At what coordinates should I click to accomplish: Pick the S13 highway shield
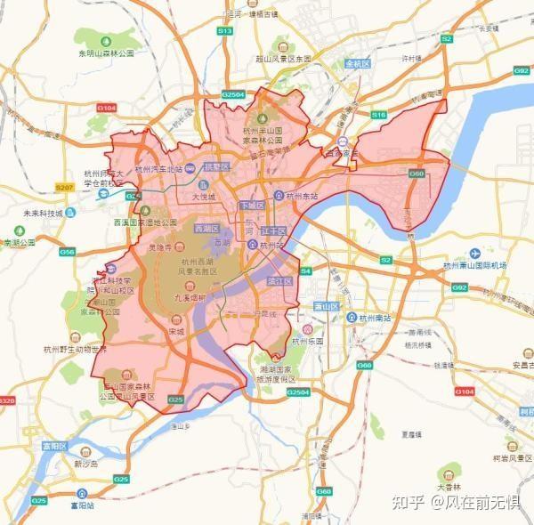pos(225,30)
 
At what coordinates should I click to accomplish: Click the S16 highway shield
pos(379,115)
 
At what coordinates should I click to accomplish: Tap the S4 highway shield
pos(305,271)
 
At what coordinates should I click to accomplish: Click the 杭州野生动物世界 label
pos(75,348)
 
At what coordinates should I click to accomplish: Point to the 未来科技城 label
pos(43,214)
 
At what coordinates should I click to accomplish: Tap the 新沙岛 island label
pos(88,464)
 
